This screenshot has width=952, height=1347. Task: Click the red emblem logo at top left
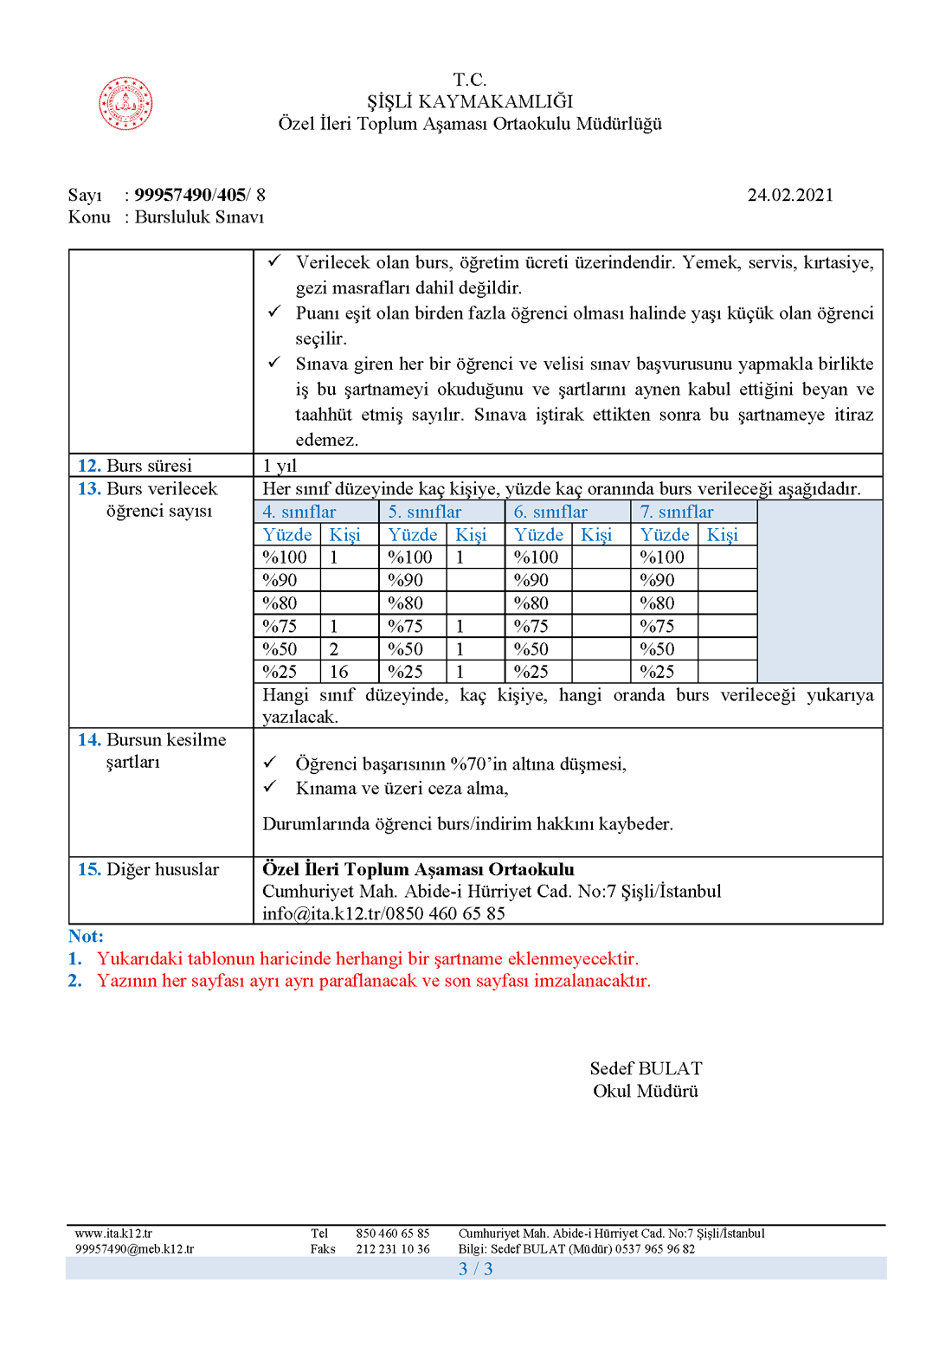click(x=125, y=104)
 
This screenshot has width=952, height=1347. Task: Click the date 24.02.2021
click(x=790, y=195)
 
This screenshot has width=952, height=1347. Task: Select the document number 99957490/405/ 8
click(x=200, y=195)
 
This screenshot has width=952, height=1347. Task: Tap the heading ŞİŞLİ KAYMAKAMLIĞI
click(x=470, y=102)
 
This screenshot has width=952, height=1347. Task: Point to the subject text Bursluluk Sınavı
click(x=199, y=217)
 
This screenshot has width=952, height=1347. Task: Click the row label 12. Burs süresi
click(x=136, y=466)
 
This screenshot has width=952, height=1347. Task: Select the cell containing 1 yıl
click(x=280, y=466)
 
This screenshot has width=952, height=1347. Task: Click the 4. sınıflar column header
click(x=299, y=512)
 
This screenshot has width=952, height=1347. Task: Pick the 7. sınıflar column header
click(x=677, y=512)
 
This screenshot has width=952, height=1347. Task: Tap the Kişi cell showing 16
click(x=339, y=672)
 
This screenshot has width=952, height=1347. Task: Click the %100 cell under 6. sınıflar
click(x=537, y=557)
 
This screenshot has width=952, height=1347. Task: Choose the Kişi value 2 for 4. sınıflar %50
click(x=334, y=649)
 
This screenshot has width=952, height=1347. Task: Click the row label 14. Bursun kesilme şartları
click(x=152, y=751)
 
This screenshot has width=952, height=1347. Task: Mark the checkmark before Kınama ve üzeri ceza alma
click(x=270, y=787)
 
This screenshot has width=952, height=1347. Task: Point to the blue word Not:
click(x=86, y=936)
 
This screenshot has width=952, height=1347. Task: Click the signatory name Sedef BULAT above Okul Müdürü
click(x=646, y=1068)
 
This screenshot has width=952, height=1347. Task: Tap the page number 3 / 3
click(x=476, y=1269)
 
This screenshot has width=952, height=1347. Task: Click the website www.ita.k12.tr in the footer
click(x=113, y=1234)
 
